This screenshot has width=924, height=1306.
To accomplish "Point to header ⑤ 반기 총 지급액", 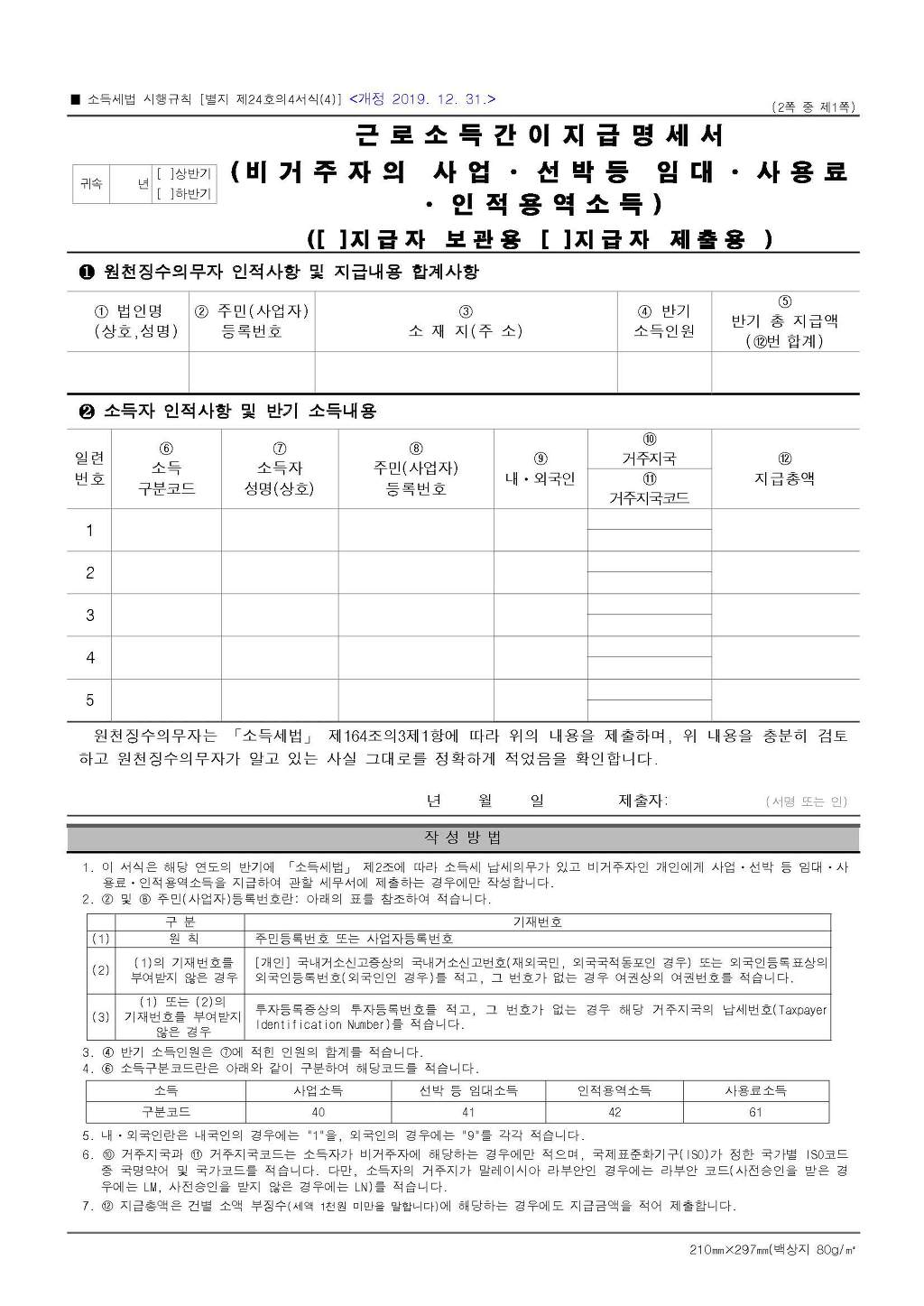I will (784, 321).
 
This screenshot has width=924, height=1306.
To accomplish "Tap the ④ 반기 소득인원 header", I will (664, 321).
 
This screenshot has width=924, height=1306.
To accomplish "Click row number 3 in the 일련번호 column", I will (89, 616).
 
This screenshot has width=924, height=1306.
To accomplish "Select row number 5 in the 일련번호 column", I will (89, 700).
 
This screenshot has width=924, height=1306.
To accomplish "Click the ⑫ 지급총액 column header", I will (784, 469).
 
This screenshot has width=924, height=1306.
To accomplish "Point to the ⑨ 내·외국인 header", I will (540, 469).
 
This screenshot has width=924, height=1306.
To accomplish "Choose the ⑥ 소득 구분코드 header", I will (166, 469).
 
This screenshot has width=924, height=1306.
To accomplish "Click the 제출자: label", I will (642, 801).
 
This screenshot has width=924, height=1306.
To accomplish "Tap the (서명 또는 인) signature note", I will (806, 801).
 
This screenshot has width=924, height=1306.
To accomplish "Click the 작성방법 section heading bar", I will (463, 838).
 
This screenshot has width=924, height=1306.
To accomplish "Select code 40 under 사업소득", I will (318, 1112).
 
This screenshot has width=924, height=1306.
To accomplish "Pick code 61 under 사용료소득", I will (755, 1112).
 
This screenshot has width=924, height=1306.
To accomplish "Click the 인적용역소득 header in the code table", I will (614, 1090).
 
